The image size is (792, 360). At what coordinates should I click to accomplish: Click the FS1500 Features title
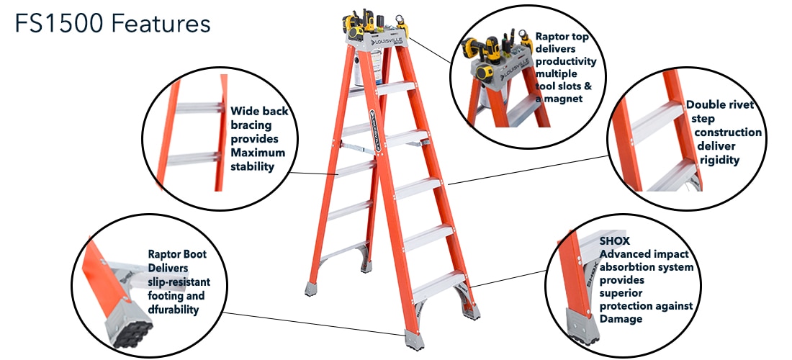pos(112,24)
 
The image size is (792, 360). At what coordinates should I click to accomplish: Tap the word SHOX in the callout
pos(615,241)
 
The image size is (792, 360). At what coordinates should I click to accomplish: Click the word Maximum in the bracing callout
pos(258,153)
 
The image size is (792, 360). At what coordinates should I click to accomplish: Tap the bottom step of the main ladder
pos(441,283)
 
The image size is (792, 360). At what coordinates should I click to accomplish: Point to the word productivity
pos(566,61)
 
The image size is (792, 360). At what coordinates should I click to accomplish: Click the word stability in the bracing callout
pos(252,166)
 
